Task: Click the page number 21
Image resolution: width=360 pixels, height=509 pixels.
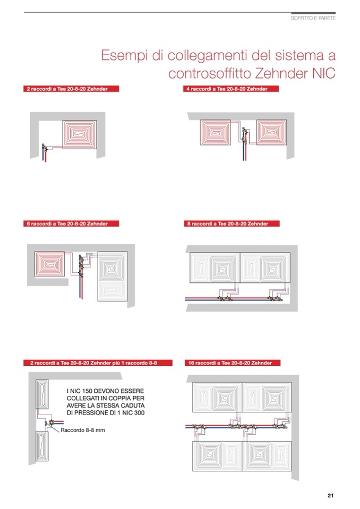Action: pyautogui.click(x=330, y=495)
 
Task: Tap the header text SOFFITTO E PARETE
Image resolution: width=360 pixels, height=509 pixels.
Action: pyautogui.click(x=313, y=18)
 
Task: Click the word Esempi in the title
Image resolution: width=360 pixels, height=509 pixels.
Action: pyautogui.click(x=125, y=56)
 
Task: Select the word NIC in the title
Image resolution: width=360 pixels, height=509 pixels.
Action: pyautogui.click(x=324, y=73)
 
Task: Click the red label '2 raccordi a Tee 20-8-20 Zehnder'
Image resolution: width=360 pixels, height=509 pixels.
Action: pyautogui.click(x=71, y=89)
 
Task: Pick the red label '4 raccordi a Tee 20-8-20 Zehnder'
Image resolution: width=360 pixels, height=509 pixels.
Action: pyautogui.click(x=231, y=89)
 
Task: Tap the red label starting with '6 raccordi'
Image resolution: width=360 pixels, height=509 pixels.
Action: pyautogui.click(x=71, y=223)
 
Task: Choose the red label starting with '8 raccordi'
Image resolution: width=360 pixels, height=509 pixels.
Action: pyautogui.click(x=232, y=223)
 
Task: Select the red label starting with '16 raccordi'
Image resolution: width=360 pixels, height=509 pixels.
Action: pyautogui.click(x=233, y=363)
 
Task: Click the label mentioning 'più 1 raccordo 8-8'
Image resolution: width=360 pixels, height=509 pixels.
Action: pyautogui.click(x=98, y=363)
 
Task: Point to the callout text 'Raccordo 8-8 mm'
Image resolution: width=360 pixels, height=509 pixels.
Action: pyautogui.click(x=83, y=430)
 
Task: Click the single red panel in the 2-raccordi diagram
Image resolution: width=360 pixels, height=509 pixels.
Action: pyautogui.click(x=80, y=134)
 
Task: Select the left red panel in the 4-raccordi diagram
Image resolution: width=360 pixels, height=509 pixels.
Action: pyautogui.click(x=215, y=132)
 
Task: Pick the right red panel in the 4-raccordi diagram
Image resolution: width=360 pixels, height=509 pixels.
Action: pyautogui.click(x=272, y=132)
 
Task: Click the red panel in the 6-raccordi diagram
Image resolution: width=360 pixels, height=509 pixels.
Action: pyautogui.click(x=50, y=264)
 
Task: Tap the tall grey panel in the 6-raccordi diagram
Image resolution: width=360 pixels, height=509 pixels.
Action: pyautogui.click(x=113, y=276)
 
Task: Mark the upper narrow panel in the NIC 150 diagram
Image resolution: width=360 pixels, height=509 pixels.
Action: pyautogui.click(x=42, y=394)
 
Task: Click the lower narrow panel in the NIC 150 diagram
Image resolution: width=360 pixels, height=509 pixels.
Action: pyautogui.click(x=42, y=446)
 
